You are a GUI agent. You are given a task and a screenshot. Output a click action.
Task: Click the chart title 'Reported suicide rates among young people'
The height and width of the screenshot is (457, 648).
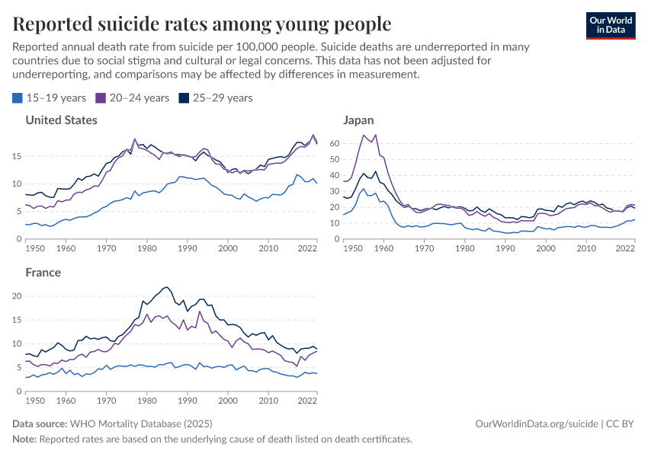(202, 24)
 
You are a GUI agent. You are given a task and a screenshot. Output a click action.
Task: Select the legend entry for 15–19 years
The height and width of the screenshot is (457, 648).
(50, 97)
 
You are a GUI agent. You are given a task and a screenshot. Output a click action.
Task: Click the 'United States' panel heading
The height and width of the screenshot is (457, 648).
(61, 120)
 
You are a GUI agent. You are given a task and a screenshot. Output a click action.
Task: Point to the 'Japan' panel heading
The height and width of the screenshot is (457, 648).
(358, 120)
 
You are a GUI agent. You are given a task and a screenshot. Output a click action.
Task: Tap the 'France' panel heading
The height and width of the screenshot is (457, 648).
(43, 272)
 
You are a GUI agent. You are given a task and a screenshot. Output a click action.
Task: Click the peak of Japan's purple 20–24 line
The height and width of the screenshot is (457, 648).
(364, 135)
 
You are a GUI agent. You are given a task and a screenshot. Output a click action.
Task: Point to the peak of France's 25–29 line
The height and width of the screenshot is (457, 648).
(166, 286)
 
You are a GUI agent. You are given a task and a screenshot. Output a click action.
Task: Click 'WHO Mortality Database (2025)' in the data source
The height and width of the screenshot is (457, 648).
(141, 423)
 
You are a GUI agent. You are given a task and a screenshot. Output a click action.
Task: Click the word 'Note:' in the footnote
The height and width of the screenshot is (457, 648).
(24, 439)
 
